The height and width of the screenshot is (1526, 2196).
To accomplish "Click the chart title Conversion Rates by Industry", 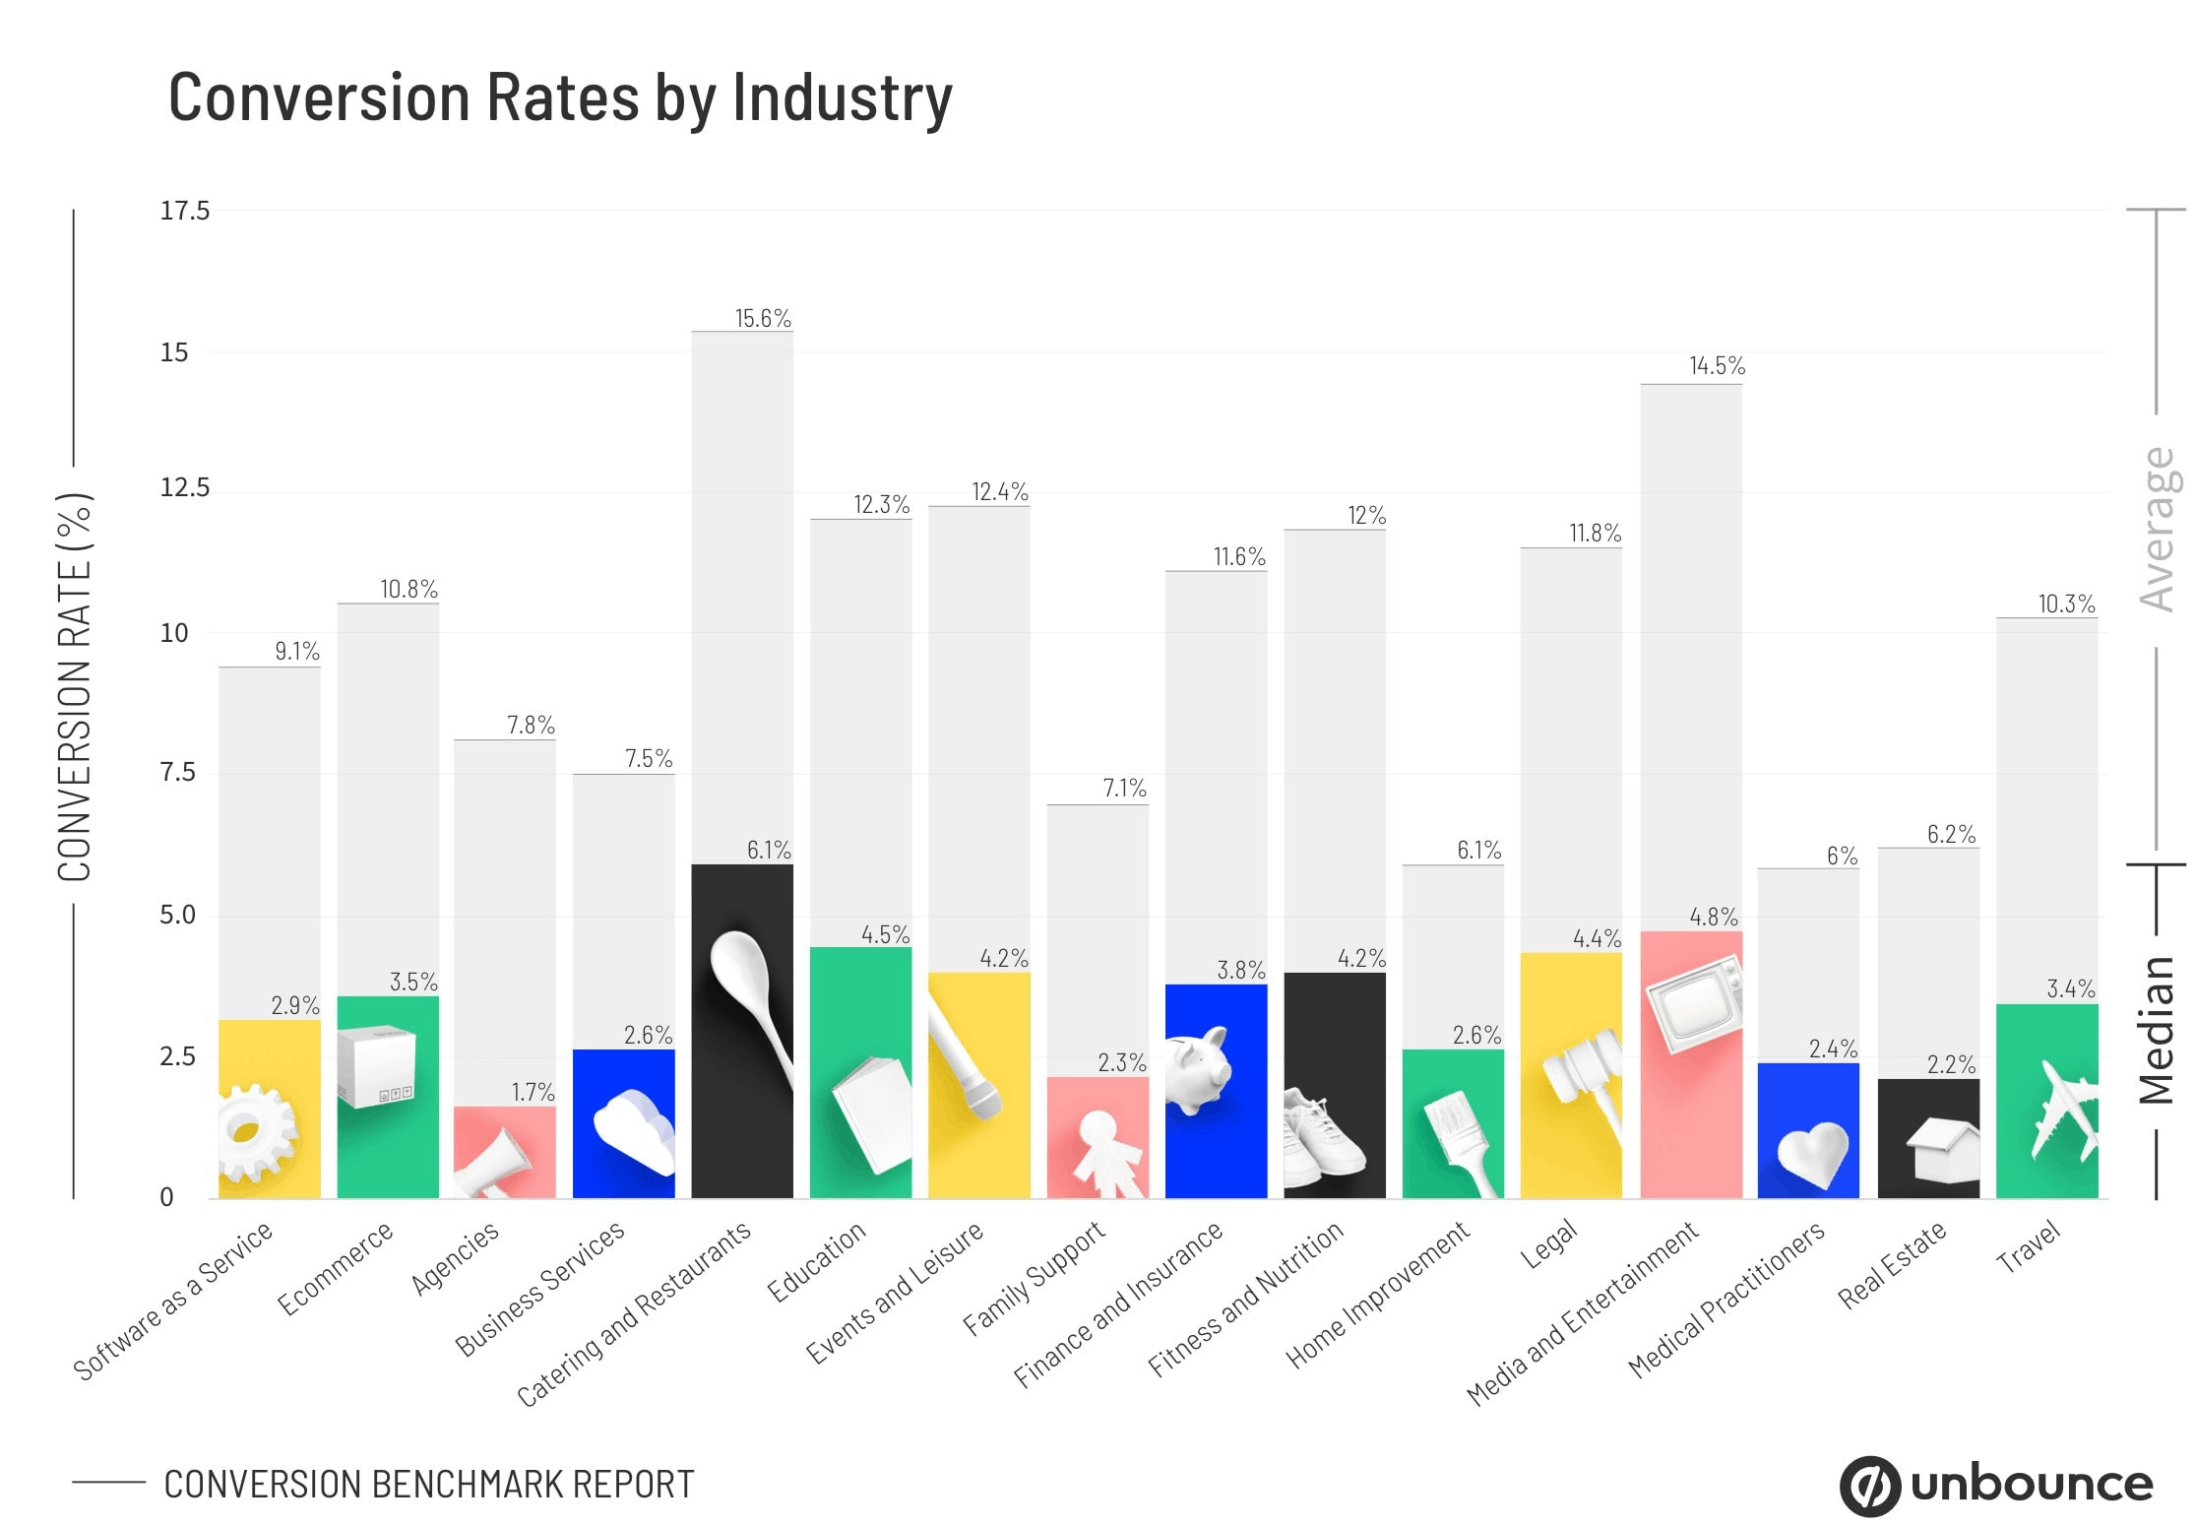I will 560,98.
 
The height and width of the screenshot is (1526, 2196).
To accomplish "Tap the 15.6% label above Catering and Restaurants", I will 762,318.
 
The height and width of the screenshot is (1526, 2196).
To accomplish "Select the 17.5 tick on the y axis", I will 184,211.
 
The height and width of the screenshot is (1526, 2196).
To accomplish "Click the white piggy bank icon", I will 1198,1070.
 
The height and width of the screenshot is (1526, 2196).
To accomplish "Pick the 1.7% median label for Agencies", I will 533,1092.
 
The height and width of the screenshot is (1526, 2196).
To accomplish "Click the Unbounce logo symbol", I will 1869,1485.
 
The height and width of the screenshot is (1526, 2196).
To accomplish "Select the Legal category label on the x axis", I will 1549,1244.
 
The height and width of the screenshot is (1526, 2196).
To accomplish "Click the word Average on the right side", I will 2158,530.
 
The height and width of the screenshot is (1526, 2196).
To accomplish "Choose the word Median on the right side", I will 2158,1030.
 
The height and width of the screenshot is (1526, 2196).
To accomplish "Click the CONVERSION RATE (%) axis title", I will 75,687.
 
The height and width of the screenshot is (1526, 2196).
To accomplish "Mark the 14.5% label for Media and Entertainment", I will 1717,366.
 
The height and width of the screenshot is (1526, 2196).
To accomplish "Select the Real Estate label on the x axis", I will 1892,1264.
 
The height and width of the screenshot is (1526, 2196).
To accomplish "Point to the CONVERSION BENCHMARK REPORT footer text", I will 428,1485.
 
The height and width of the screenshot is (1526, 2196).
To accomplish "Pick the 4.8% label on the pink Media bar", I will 1713,917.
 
